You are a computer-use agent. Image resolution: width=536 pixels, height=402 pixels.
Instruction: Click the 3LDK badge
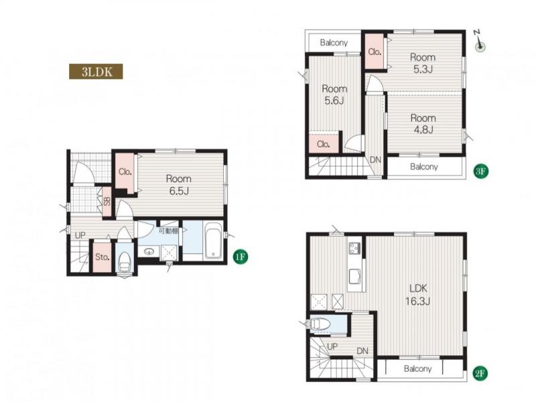[x=96, y=72]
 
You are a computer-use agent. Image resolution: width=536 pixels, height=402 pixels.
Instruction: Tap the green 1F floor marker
[x=241, y=256]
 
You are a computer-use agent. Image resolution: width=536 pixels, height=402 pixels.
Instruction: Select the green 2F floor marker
[x=480, y=374]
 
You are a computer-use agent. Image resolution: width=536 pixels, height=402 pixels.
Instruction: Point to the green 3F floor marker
[x=480, y=171]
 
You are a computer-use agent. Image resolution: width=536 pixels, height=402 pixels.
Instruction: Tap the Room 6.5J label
[x=178, y=185]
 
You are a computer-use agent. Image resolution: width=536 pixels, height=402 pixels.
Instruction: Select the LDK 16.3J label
[x=417, y=295]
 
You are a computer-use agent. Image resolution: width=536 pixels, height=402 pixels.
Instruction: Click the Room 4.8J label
[x=423, y=124]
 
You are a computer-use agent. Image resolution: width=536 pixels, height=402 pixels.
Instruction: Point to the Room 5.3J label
[x=423, y=63]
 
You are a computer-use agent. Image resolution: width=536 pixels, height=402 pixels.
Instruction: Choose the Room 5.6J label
[x=334, y=94]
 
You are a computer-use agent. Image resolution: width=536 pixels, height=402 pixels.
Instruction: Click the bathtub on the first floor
[x=213, y=241]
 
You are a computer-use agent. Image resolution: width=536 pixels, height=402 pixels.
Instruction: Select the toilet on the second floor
[x=321, y=324]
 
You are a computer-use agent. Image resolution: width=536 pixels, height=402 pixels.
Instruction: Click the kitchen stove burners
[x=354, y=248]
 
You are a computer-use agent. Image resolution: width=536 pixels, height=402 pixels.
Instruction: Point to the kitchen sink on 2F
[x=355, y=276]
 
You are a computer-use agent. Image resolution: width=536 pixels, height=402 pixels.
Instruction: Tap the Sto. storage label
[x=103, y=257]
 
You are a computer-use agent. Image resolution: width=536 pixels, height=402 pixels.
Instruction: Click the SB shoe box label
[x=107, y=202]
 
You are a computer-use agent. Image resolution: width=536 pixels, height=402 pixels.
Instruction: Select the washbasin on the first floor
[x=149, y=252]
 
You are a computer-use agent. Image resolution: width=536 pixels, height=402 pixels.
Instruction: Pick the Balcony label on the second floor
[x=417, y=369]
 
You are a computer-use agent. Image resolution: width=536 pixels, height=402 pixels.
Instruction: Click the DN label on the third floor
[x=375, y=159]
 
